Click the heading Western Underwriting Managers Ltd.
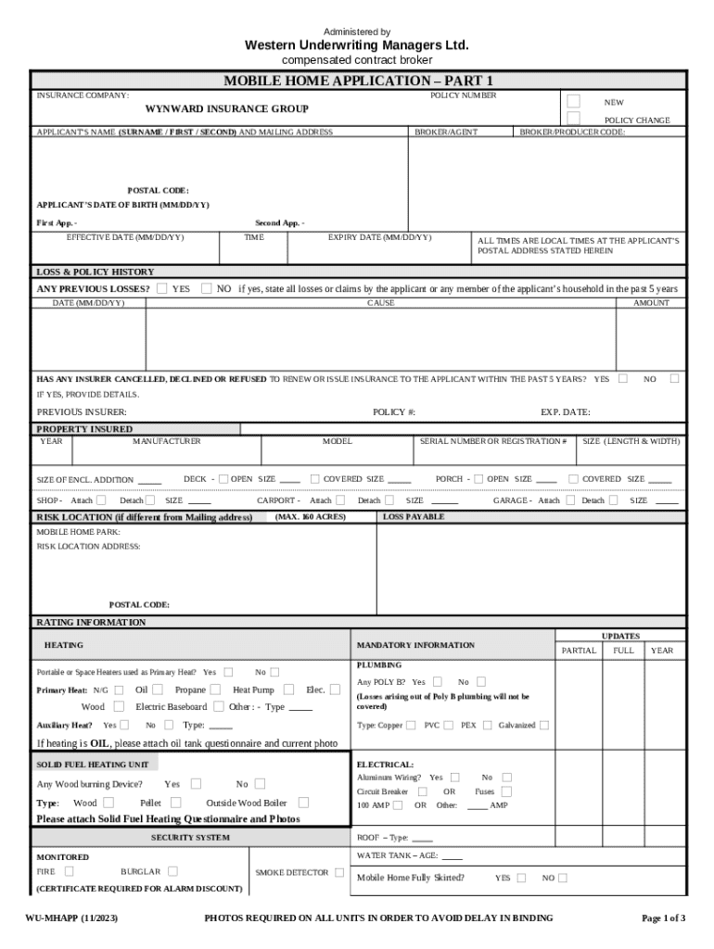click(356, 45)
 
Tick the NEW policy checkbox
click(573, 101)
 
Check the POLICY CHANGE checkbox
click(573, 119)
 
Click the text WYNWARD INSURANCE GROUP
click(227, 109)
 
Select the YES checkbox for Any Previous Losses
click(162, 288)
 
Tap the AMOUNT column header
click(651, 303)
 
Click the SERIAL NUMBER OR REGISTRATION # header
click(492, 442)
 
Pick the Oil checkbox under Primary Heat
click(158, 690)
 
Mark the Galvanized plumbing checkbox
click(544, 725)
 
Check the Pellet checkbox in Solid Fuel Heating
click(175, 803)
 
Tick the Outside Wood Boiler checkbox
click(303, 803)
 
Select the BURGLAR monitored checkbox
click(172, 871)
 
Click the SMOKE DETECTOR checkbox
click(339, 872)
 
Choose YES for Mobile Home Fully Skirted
click(521, 878)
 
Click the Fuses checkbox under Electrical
click(506, 791)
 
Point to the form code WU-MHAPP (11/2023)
click(71, 918)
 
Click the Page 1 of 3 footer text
click(664, 918)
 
